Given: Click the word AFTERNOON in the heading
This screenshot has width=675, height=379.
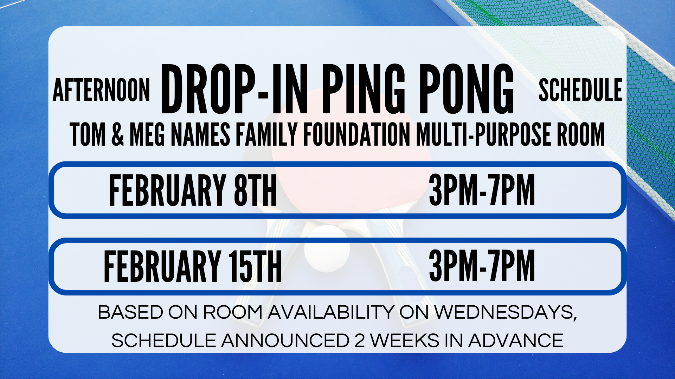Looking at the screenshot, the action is click(101, 90).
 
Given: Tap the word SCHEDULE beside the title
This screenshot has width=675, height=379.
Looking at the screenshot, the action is click(580, 90).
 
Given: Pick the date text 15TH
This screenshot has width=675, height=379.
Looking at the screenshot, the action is click(255, 266).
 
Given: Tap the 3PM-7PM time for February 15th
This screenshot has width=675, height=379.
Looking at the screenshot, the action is click(482, 266).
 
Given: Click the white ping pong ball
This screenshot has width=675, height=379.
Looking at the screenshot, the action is click(327, 249).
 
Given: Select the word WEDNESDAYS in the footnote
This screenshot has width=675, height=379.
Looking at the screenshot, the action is click(506, 312).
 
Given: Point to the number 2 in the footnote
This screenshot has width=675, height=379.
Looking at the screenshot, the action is click(360, 341).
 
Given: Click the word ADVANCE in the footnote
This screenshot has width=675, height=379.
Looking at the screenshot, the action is click(516, 341).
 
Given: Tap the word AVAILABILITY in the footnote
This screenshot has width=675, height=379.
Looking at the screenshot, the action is click(331, 312).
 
